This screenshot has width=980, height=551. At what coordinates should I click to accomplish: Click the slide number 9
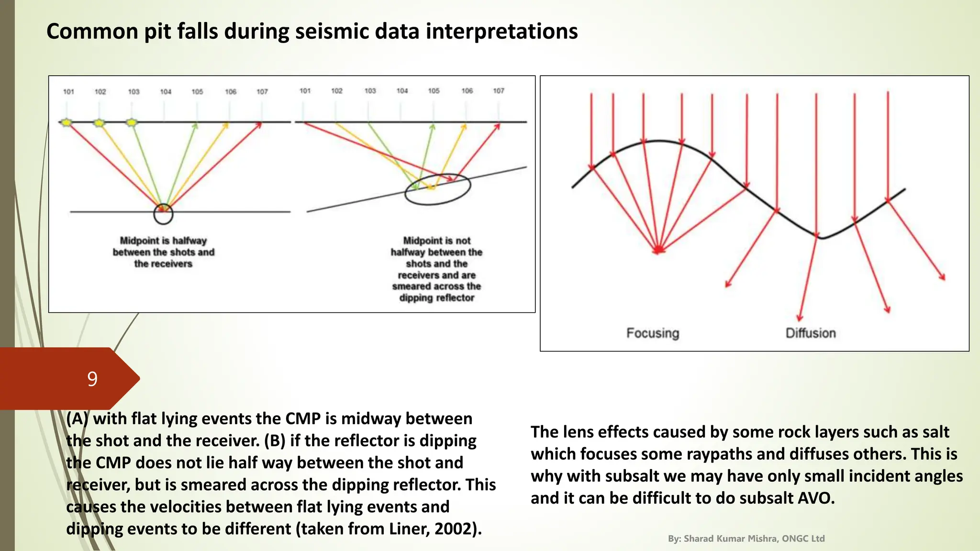[92, 379]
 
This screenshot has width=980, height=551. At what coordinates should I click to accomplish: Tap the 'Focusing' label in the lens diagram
[653, 333]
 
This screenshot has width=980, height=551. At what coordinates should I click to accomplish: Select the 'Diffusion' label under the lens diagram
[811, 333]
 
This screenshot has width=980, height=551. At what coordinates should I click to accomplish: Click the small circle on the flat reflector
[163, 214]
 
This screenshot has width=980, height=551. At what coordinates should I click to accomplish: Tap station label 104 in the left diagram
[166, 92]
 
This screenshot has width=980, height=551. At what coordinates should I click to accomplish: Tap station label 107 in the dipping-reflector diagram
[499, 91]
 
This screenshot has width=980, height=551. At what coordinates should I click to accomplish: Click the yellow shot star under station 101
[67, 123]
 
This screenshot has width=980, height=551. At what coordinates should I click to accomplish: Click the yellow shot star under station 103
[132, 123]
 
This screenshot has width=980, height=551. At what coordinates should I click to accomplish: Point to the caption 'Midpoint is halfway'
[163, 241]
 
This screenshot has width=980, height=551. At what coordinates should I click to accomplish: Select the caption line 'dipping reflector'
[436, 298]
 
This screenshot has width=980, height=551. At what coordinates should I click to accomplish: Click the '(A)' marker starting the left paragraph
[77, 419]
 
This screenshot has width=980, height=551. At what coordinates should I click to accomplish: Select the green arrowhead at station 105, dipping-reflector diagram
[433, 127]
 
